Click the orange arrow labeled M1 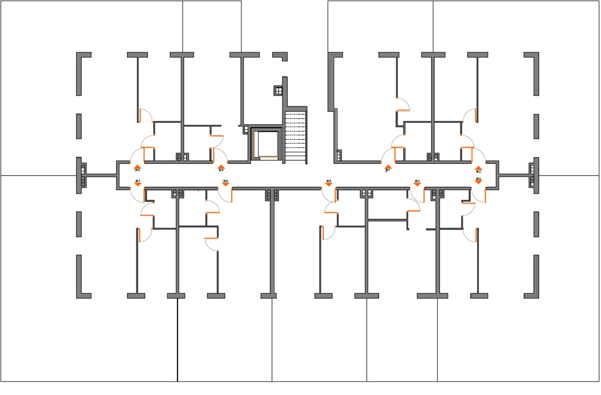coord(388,167)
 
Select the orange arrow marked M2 coord(478,168)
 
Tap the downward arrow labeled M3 coord(478,181)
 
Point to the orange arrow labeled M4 coord(417,184)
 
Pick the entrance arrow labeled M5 coord(329,184)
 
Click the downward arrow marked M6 coord(226,184)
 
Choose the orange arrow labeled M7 coord(138,184)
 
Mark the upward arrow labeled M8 coord(137,167)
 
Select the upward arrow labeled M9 coord(221,167)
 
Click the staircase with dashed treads coord(295,136)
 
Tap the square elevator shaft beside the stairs coord(267,144)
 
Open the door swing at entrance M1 coord(387,155)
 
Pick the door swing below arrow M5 coord(329,195)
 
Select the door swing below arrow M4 coord(417,195)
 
